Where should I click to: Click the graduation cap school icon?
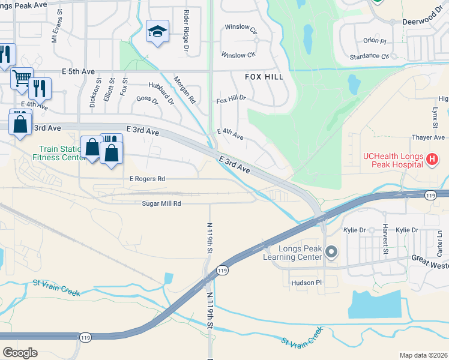click(157, 32)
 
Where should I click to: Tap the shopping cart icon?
click(21, 77)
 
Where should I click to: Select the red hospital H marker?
click(431, 159)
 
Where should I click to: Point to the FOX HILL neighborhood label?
click(263, 77)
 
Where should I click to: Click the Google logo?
click(20, 352)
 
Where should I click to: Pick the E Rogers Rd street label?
click(147, 179)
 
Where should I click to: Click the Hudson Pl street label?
click(307, 282)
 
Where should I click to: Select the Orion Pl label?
click(375, 41)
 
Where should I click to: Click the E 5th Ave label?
click(78, 71)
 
